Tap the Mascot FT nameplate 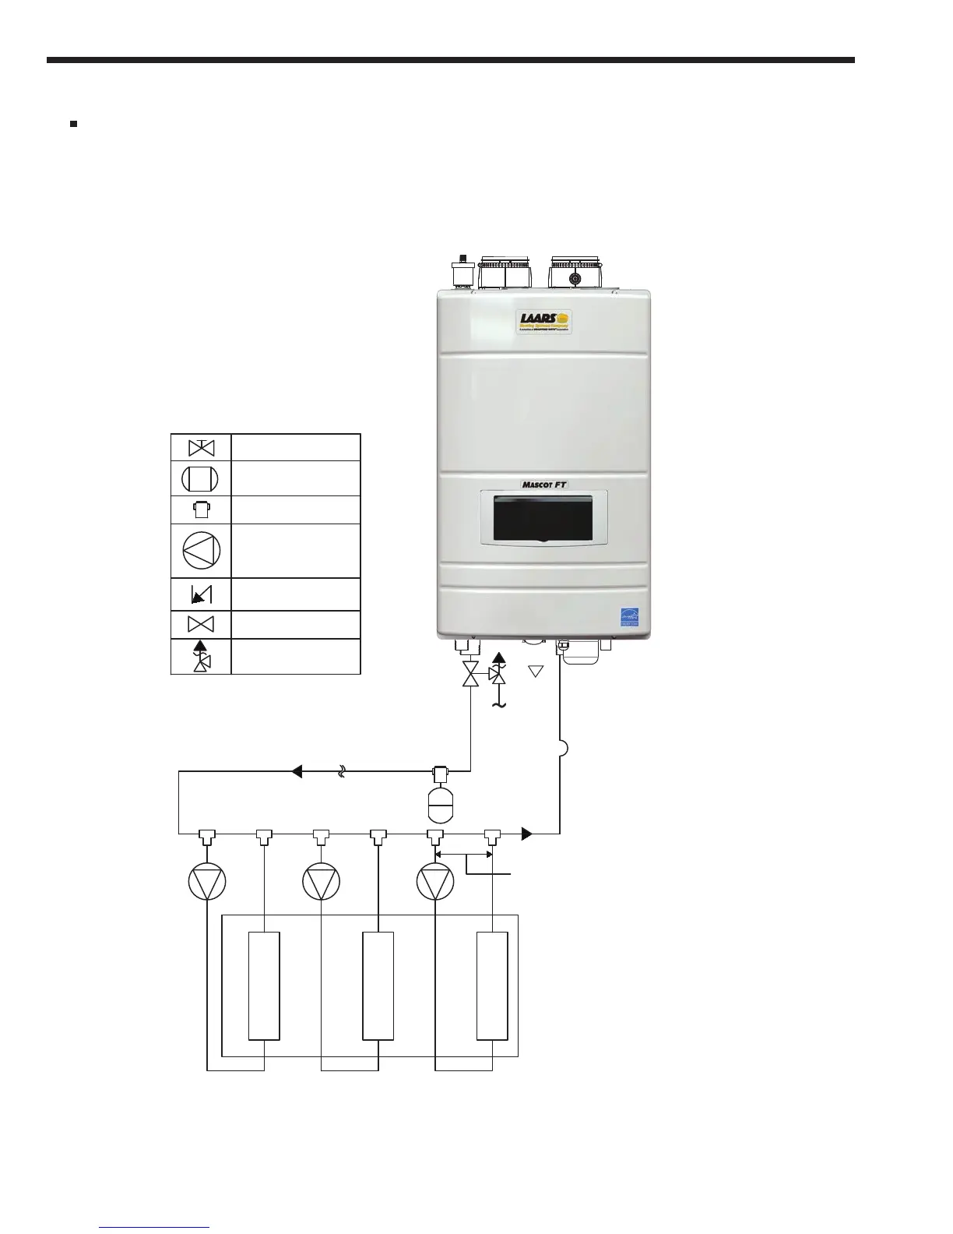pos(543,485)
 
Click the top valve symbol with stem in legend pos(202,448)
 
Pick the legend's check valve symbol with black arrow pos(201,596)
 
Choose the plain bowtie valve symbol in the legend pos(202,625)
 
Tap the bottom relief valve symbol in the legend pos(202,656)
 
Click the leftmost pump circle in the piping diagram pos(207,883)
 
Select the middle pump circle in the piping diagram pos(322,883)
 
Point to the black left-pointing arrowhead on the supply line pos(297,772)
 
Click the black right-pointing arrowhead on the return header pos(526,834)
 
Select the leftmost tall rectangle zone pos(264,985)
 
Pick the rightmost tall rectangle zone pos(492,985)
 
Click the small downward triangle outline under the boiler pos(536,671)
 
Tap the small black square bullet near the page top pos(73,124)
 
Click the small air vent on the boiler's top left pos(463,274)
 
